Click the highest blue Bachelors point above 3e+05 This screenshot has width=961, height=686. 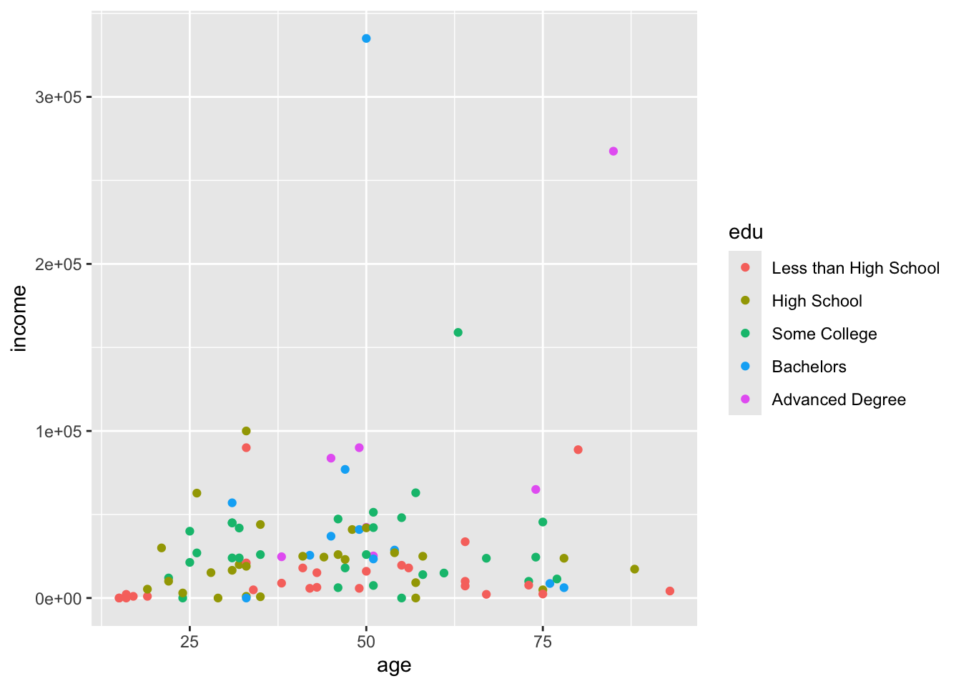pyautogui.click(x=366, y=39)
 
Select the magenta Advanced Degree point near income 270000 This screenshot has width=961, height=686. pyautogui.click(x=613, y=151)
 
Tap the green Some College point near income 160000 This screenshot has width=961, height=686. pyautogui.click(x=458, y=332)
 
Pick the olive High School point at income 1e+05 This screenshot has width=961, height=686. pyautogui.click(x=246, y=431)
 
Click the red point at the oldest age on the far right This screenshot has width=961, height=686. pyautogui.click(x=669, y=591)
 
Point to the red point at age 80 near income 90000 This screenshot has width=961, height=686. pyautogui.click(x=578, y=449)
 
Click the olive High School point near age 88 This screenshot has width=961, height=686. pyautogui.click(x=634, y=570)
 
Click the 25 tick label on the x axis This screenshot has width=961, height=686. pyautogui.click(x=189, y=642)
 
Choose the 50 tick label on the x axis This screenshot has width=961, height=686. pyautogui.click(x=366, y=642)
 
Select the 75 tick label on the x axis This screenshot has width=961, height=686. pyautogui.click(x=543, y=642)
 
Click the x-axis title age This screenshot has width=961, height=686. pyautogui.click(x=394, y=666)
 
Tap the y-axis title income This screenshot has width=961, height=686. pyautogui.click(x=19, y=319)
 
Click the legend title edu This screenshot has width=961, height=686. pyautogui.click(x=745, y=232)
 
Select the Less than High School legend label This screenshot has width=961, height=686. pyautogui.click(x=855, y=269)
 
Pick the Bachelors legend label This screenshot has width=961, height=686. pyautogui.click(x=809, y=367)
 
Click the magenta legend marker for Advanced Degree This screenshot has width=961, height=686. pyautogui.click(x=745, y=399)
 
